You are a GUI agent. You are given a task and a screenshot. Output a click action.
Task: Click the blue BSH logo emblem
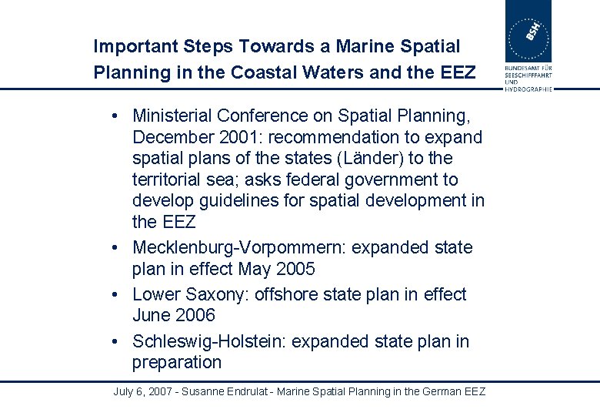point(528,31)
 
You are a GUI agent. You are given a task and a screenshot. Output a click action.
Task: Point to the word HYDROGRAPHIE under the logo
point(528,89)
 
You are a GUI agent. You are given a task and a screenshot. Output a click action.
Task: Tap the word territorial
point(165,180)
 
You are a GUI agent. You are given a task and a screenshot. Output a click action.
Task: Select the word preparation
point(176,363)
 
